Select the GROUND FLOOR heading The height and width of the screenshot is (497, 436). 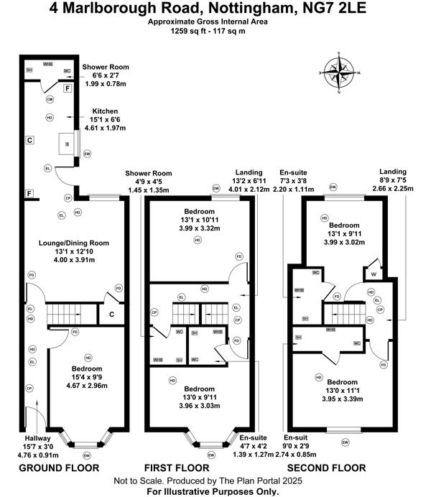[58, 468]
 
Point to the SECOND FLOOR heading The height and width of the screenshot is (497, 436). [328, 468]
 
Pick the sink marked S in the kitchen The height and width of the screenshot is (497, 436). [68, 144]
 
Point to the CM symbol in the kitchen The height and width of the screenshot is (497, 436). [50, 99]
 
